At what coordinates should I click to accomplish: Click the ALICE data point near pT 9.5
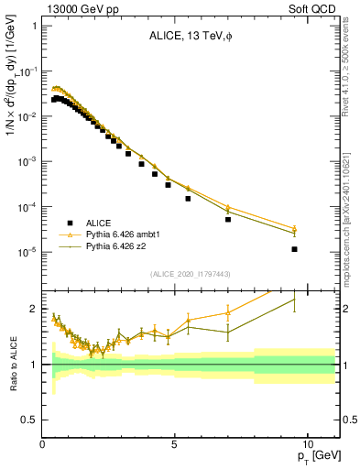click(294, 249)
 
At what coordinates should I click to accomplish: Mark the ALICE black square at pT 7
click(228, 219)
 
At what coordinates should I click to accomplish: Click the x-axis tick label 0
click(43, 442)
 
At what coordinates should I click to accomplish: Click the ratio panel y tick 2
click(34, 309)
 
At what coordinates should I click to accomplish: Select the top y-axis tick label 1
click(34, 26)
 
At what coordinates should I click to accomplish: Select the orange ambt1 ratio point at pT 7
click(228, 312)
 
